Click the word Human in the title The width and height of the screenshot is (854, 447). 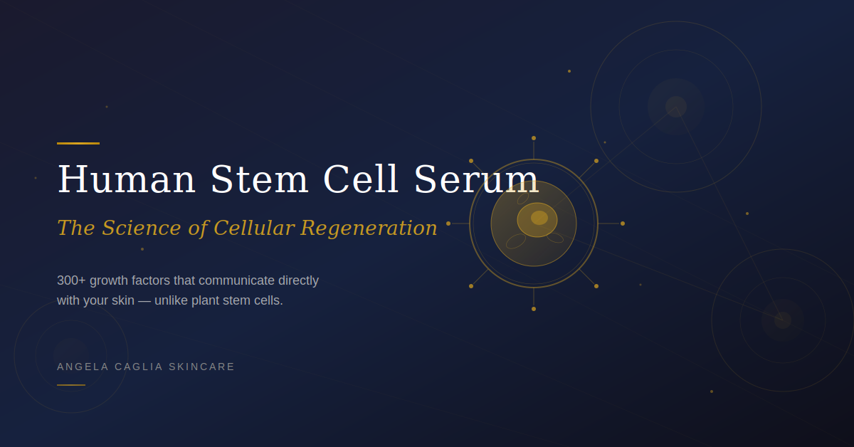126,179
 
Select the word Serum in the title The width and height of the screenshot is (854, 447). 476,179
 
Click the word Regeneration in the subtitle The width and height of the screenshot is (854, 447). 369,228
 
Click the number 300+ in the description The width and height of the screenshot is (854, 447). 71,280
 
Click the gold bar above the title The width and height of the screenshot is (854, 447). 78,143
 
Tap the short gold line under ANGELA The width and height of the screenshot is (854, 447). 71,385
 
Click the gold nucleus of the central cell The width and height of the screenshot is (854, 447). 539,218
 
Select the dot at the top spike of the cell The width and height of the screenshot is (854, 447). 534,138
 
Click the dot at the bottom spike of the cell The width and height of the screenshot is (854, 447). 534,309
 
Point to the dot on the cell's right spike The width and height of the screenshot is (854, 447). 623,223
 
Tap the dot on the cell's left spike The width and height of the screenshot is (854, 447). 448,223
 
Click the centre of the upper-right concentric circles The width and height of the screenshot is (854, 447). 676,107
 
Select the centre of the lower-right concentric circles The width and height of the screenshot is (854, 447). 783,320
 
